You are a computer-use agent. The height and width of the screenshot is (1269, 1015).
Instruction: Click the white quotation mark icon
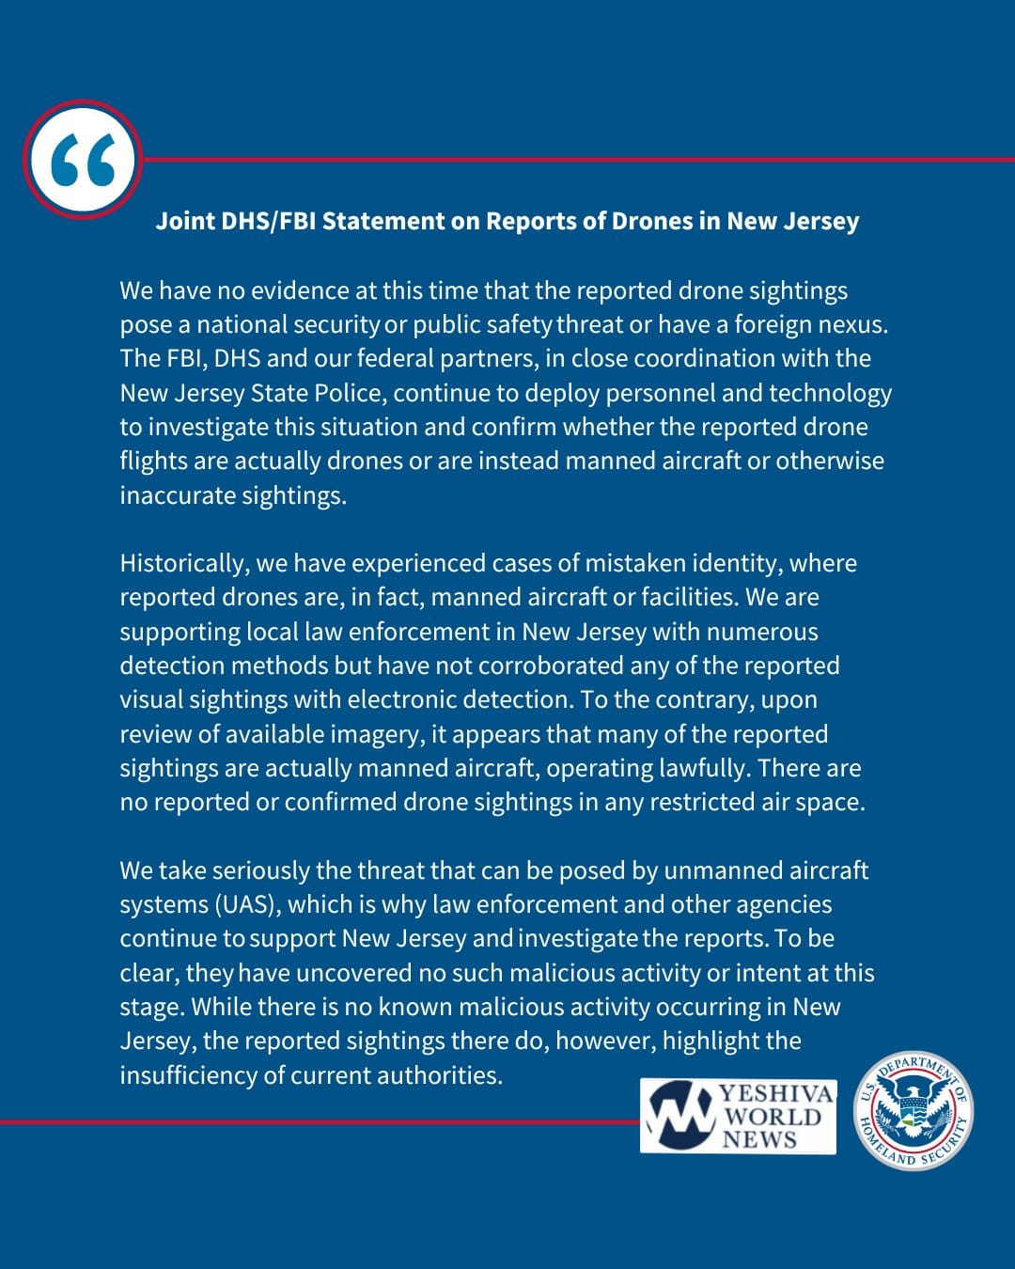(84, 160)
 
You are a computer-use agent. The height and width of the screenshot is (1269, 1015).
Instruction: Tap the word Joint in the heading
(184, 221)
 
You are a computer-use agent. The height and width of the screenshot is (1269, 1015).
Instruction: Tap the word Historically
(184, 563)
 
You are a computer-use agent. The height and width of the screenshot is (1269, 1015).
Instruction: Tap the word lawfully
(697, 768)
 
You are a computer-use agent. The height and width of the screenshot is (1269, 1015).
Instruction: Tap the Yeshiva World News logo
(739, 1117)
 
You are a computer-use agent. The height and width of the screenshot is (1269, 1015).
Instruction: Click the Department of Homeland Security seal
(913, 1111)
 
